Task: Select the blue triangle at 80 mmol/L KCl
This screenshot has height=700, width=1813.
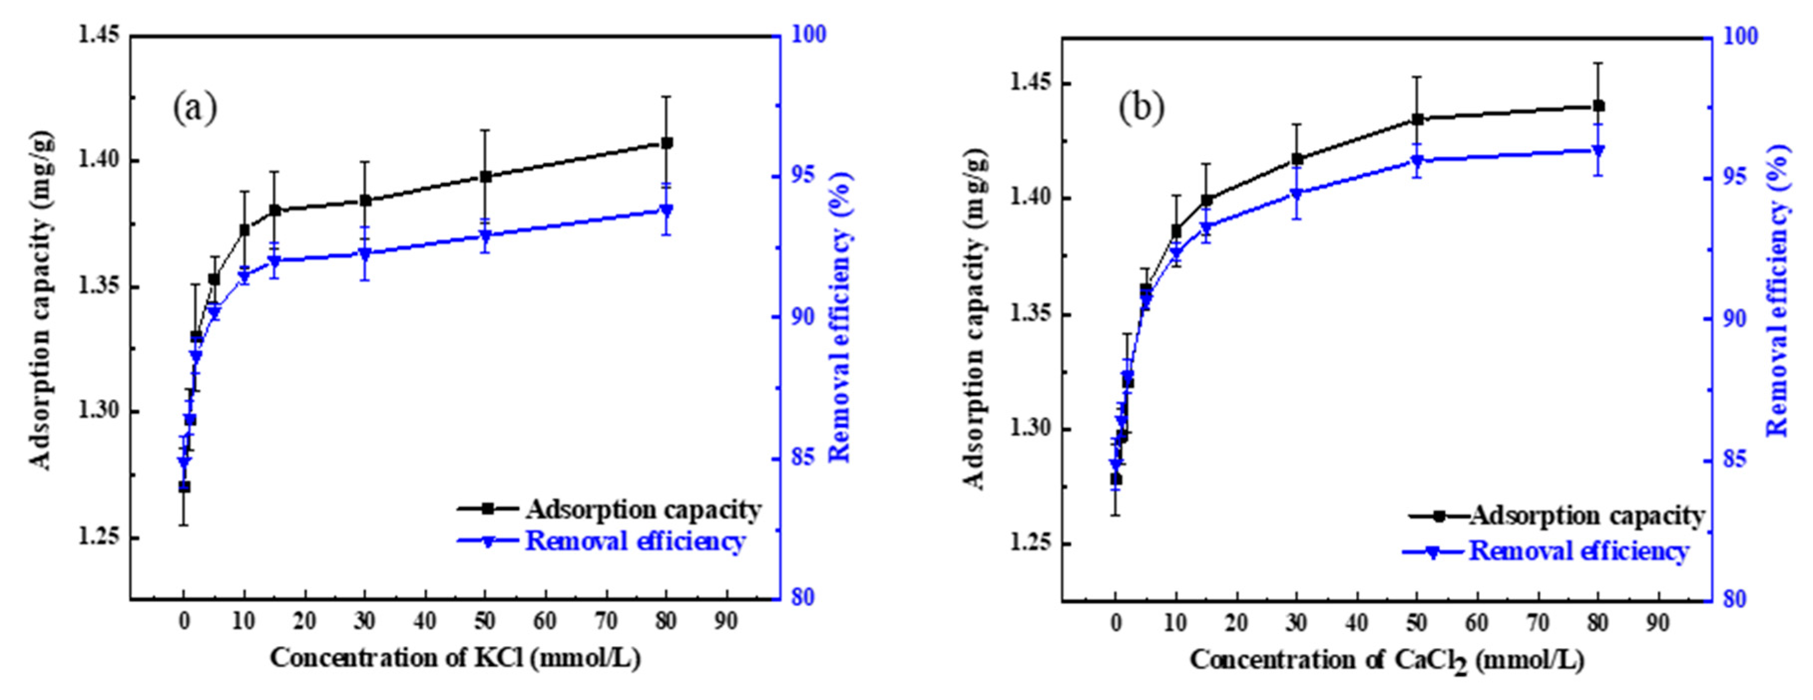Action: [x=666, y=211]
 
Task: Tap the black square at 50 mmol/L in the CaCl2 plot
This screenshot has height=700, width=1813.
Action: [x=1417, y=120]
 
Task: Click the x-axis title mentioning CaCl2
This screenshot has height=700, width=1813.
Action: [x=1387, y=661]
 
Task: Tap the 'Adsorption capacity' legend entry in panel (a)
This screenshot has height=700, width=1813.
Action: [x=642, y=509]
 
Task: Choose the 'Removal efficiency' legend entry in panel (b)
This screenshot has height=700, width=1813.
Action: [x=1578, y=551]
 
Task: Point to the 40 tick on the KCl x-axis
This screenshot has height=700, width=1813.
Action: [x=425, y=621]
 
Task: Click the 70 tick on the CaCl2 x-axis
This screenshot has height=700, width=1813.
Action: [x=1538, y=623]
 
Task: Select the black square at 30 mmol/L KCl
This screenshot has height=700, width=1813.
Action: [x=365, y=201]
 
